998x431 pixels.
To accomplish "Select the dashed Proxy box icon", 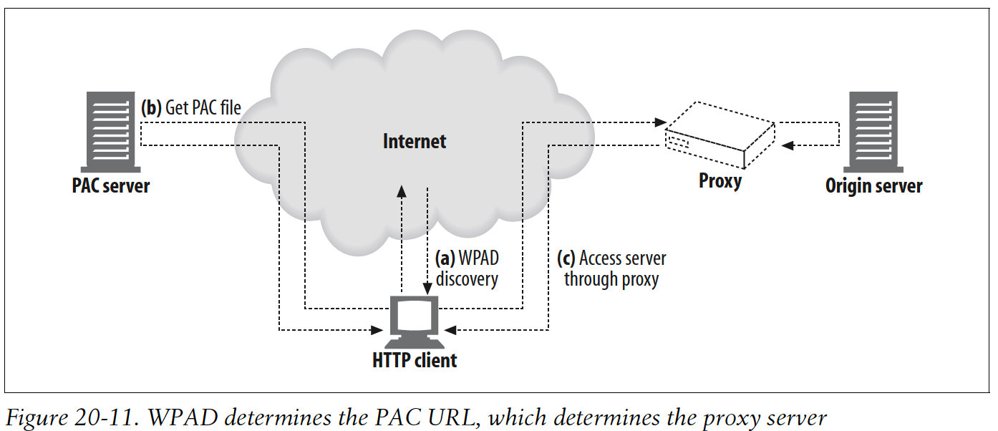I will click(x=720, y=137).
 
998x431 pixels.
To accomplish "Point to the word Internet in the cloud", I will click(x=415, y=141).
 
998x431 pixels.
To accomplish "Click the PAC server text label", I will click(x=111, y=186).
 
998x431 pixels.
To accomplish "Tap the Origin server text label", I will click(x=873, y=186).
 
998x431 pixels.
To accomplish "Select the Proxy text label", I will click(x=720, y=181).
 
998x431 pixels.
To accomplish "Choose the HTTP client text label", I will click(x=415, y=359).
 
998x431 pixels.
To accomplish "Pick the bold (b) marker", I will click(x=151, y=107).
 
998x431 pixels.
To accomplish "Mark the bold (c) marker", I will click(x=567, y=258).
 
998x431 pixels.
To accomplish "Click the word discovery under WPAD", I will click(x=466, y=279).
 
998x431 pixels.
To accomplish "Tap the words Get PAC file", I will click(x=203, y=107).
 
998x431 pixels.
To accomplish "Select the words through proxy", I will click(x=611, y=279).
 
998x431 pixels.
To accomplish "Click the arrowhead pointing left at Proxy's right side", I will click(x=788, y=145).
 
